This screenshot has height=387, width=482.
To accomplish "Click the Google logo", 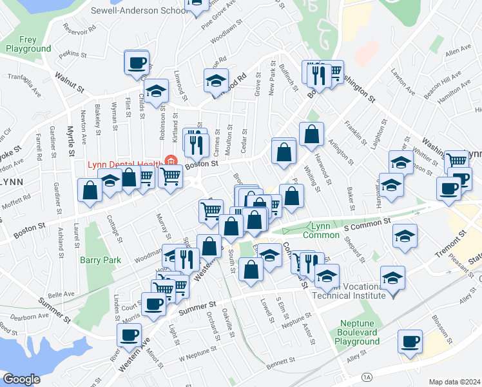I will point(21,379).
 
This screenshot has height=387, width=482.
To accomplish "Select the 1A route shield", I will point(367,375).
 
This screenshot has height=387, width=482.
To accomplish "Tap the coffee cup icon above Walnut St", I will point(137,63).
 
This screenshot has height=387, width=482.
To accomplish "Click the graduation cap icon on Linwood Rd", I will point(216,81).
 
